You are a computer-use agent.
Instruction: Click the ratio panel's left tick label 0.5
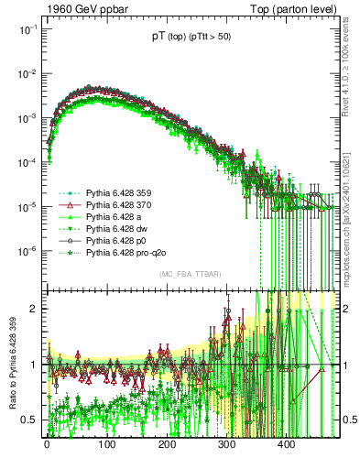point(27,420)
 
